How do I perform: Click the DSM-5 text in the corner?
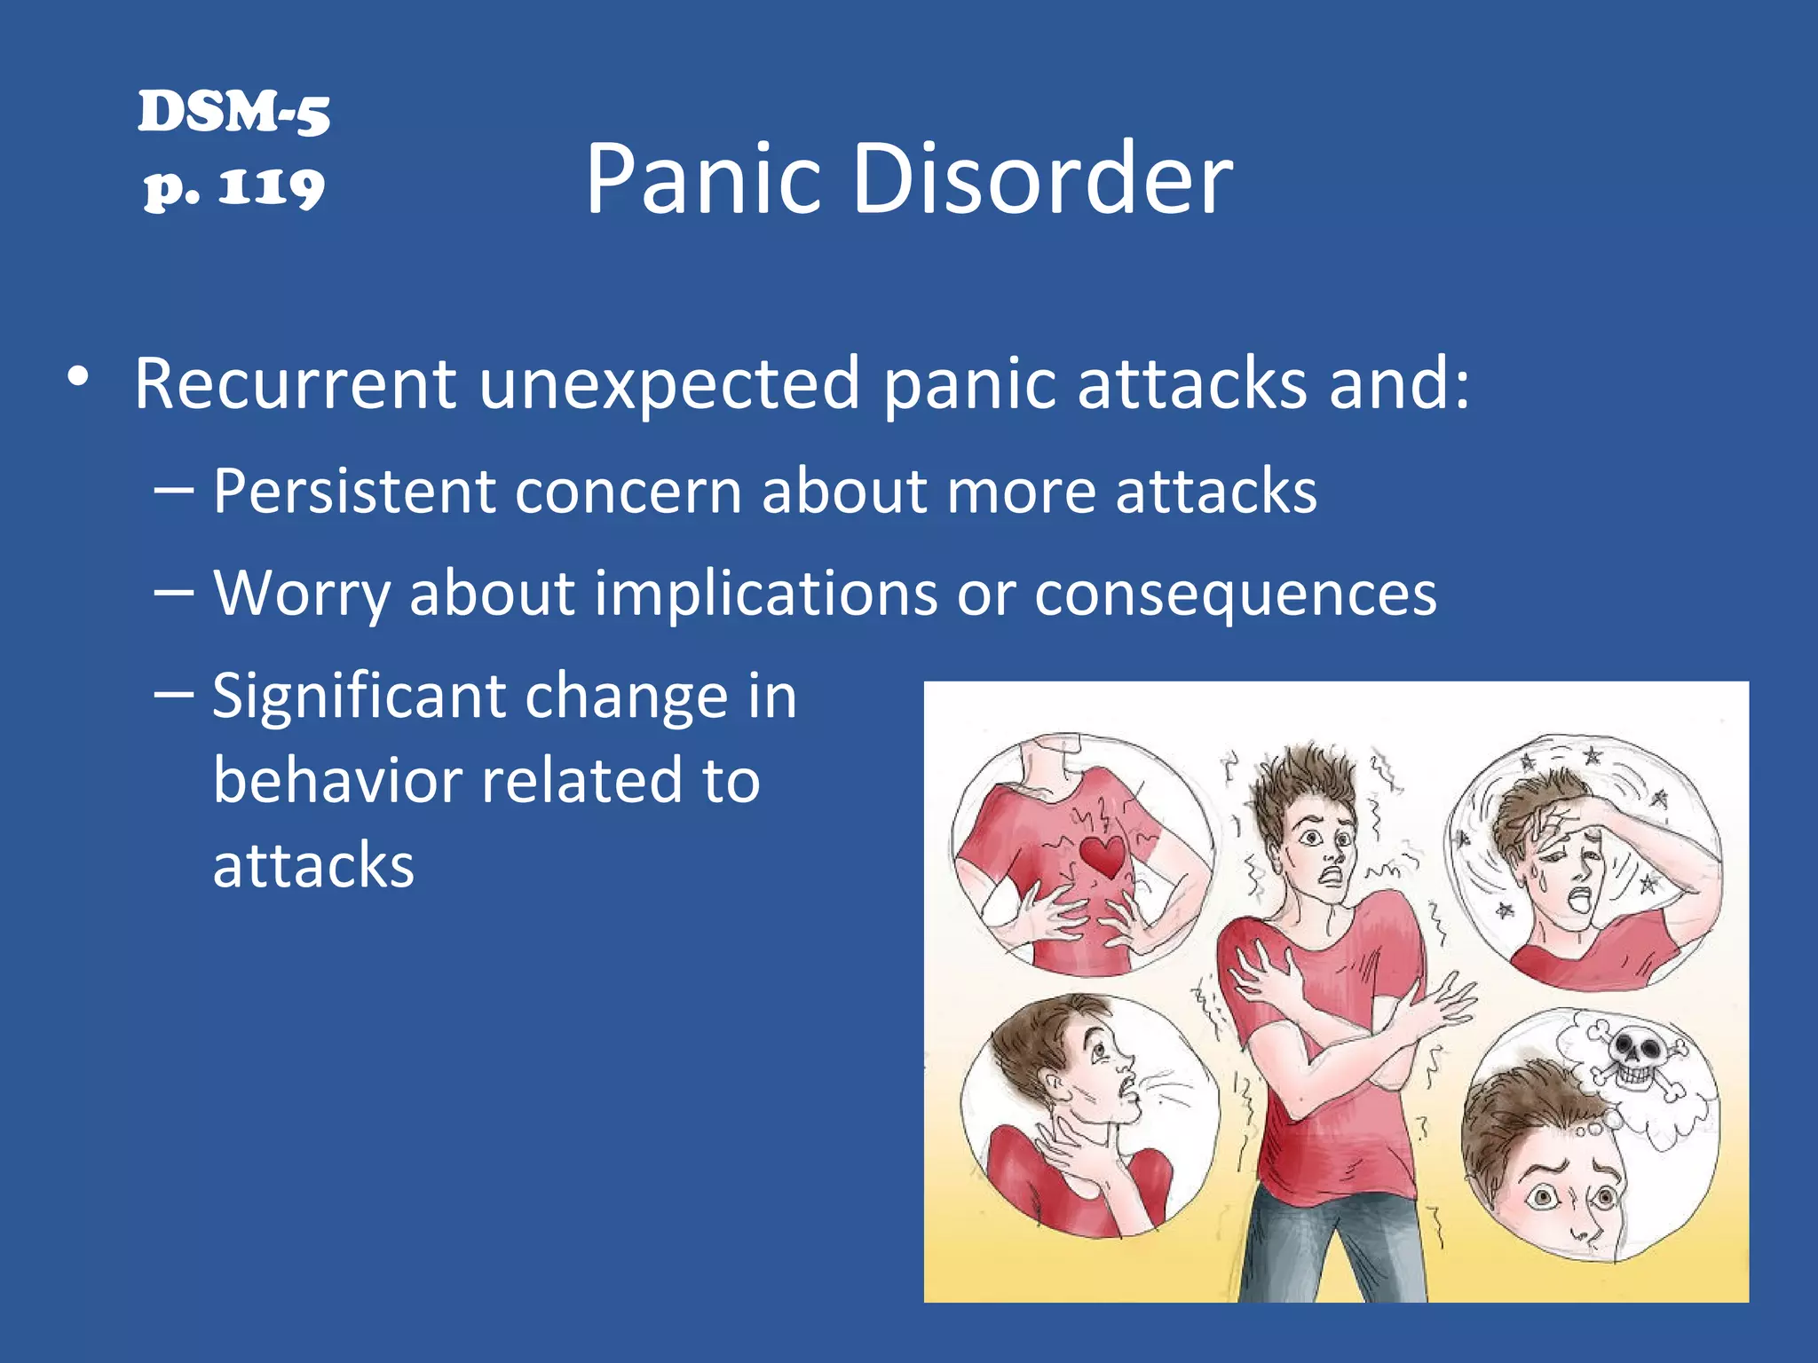(x=233, y=113)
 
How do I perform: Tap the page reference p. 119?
(x=234, y=187)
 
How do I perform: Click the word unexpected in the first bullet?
(x=669, y=385)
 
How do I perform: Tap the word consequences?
(x=1235, y=593)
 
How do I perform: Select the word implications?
(x=765, y=593)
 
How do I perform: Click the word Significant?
(x=359, y=696)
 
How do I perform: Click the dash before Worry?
(x=173, y=591)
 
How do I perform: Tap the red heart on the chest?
(x=1103, y=855)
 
